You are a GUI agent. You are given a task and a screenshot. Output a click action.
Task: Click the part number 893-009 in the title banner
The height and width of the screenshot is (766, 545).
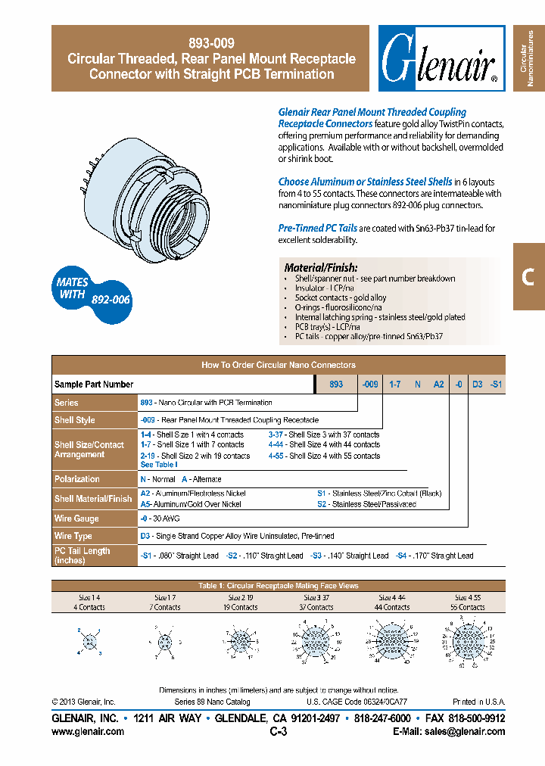point(210,43)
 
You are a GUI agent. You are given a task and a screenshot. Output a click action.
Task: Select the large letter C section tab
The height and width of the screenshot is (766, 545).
point(528,277)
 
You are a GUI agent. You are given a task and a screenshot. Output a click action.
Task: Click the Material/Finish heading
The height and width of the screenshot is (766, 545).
point(320,268)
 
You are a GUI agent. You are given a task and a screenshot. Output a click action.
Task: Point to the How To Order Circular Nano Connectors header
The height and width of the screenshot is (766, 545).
point(278,365)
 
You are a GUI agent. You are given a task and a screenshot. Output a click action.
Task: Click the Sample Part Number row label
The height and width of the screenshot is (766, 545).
point(94,385)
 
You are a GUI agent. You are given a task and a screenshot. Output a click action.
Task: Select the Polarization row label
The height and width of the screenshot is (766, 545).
point(77,479)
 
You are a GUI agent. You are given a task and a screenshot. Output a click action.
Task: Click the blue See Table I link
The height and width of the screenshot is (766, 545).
point(159,465)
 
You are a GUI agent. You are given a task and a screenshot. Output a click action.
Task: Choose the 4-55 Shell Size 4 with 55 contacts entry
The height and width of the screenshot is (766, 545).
point(324,456)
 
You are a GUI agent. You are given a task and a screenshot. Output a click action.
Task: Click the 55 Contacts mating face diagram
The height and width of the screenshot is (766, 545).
point(467,643)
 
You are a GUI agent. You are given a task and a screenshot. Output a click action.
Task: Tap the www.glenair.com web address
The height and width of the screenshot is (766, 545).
point(88,732)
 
